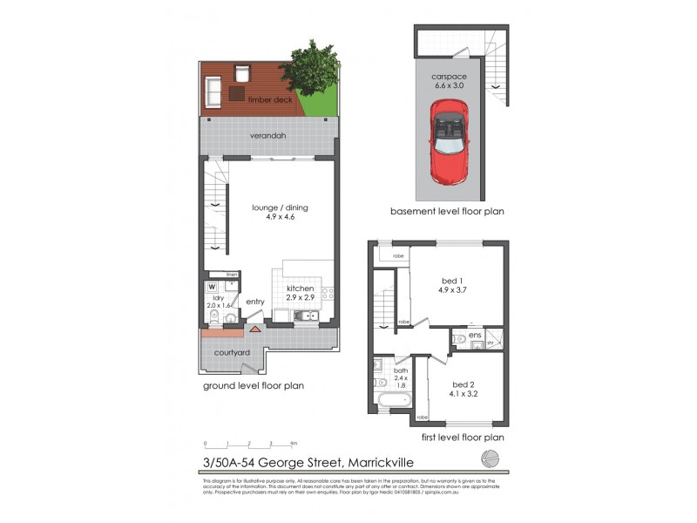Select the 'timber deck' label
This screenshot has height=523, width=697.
269,100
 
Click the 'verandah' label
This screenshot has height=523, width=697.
268,136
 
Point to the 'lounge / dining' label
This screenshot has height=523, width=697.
280,207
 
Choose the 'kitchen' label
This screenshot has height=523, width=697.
301,289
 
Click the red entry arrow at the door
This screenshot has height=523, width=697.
254,329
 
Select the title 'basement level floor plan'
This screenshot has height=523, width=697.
447,211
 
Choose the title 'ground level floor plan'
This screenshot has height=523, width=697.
254,385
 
